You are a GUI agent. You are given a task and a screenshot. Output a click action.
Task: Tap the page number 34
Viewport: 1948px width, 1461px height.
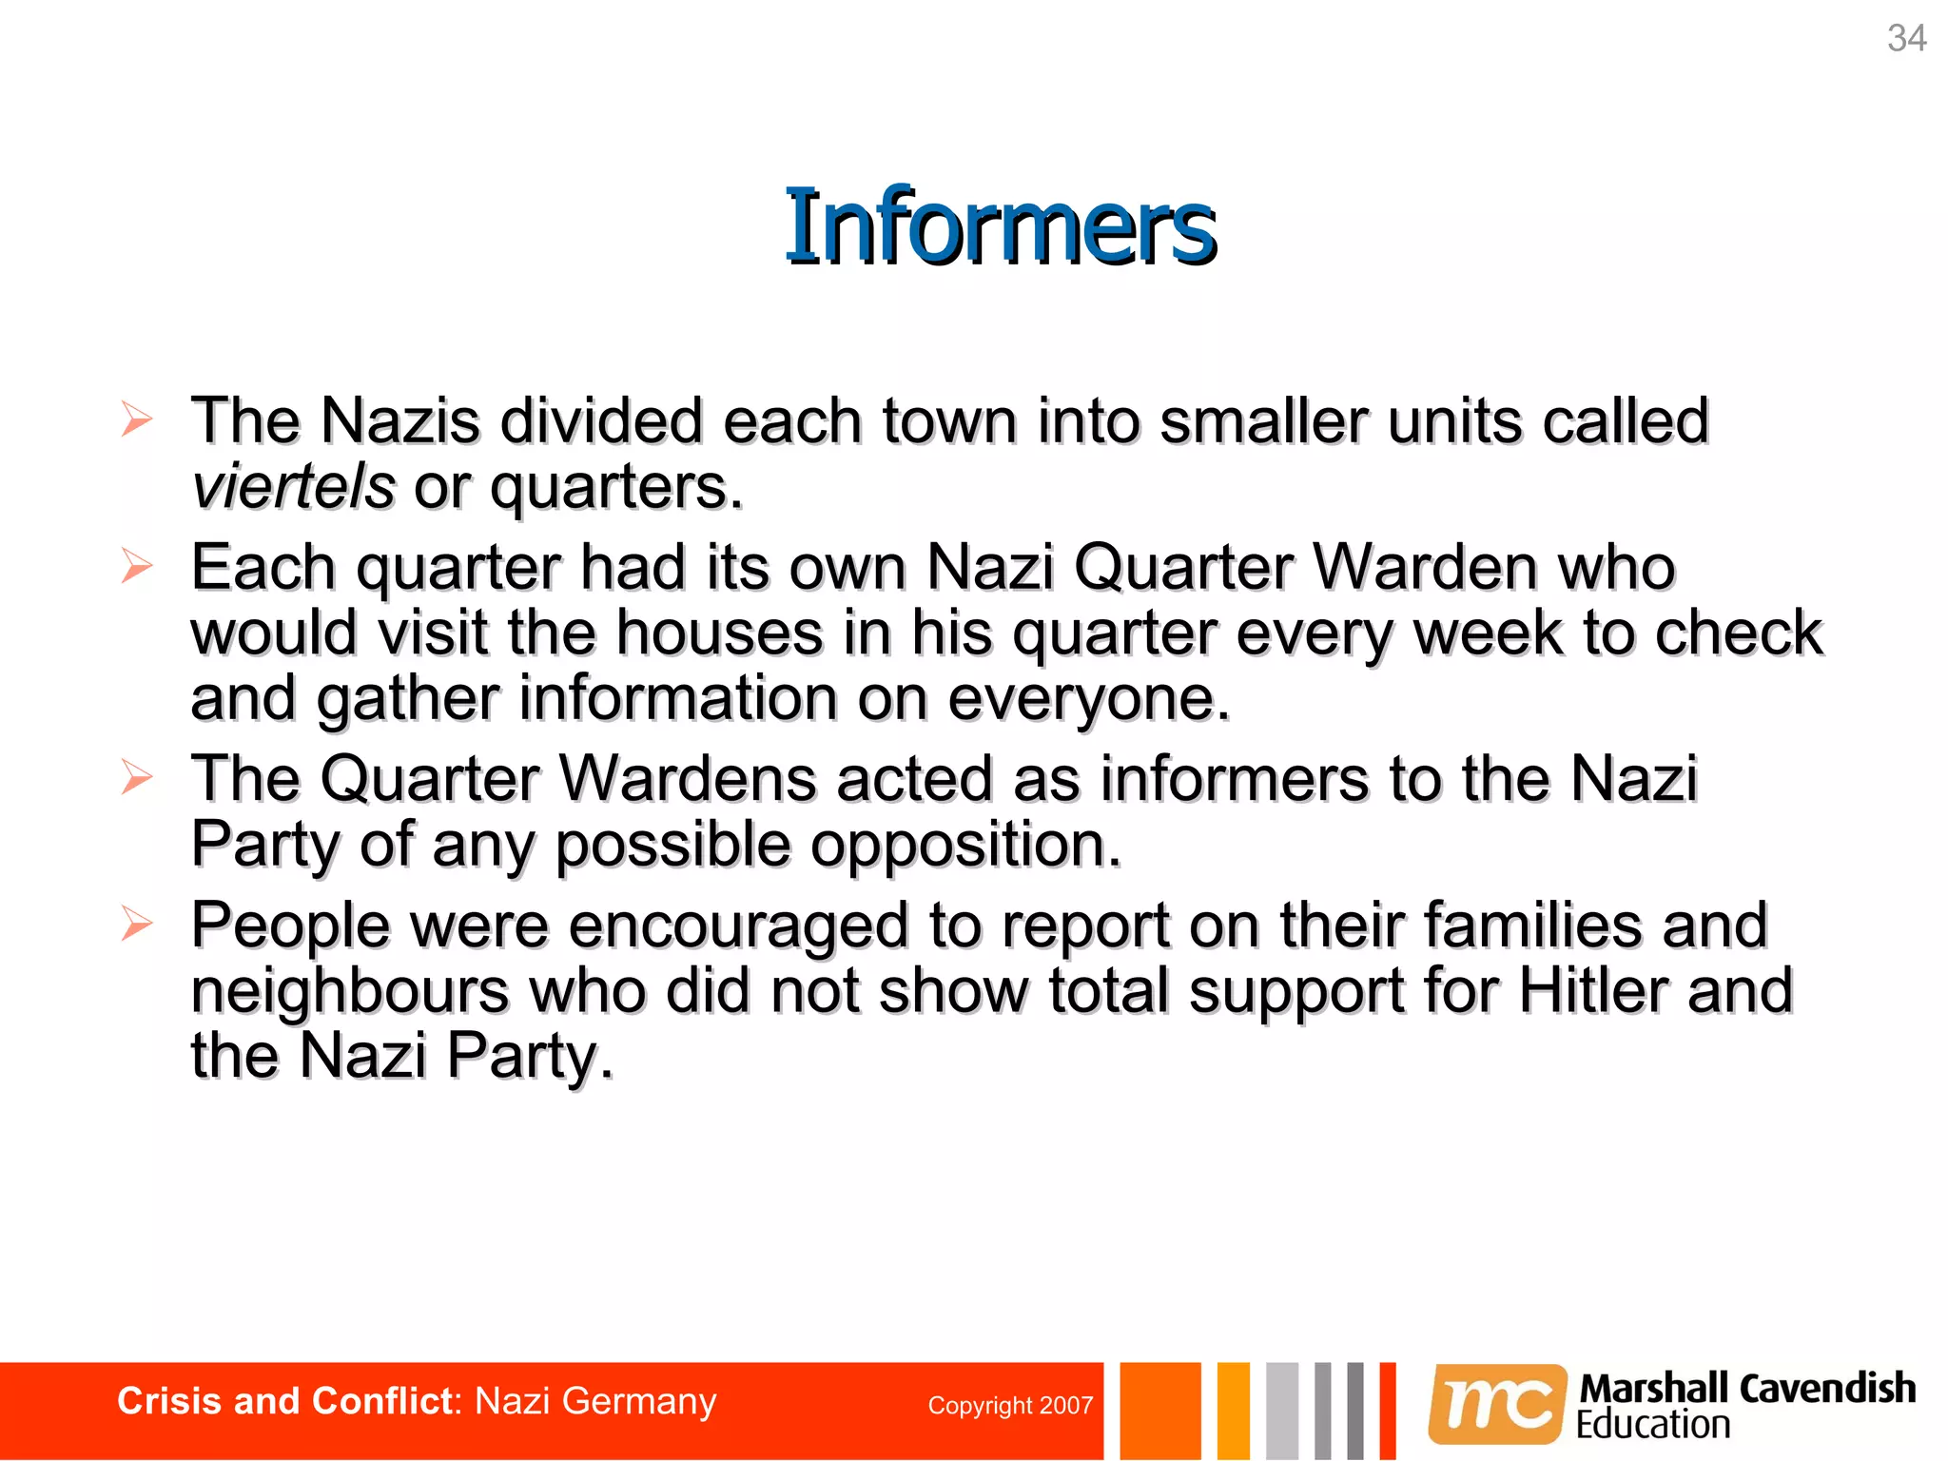click(x=1906, y=39)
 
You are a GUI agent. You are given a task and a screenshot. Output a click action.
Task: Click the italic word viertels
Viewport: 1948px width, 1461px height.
click(x=293, y=487)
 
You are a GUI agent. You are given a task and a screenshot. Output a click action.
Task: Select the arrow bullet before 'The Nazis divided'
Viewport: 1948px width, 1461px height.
click(x=137, y=419)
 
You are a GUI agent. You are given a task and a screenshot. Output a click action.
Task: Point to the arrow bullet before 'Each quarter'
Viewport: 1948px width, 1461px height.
click(x=137, y=567)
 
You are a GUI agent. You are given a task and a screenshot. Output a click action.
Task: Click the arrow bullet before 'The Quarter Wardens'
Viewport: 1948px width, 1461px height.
click(x=137, y=778)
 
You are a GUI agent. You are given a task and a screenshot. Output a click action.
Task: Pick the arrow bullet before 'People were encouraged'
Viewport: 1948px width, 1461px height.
click(x=137, y=924)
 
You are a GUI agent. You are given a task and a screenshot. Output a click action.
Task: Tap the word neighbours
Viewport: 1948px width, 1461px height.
click(x=350, y=990)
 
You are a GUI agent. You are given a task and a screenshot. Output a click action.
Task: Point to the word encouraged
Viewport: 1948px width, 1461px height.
click(x=738, y=925)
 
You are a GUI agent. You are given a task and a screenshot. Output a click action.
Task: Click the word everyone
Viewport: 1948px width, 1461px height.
click(x=1088, y=699)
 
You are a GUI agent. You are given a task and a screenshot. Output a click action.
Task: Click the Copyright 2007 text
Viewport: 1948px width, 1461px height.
click(x=1010, y=1406)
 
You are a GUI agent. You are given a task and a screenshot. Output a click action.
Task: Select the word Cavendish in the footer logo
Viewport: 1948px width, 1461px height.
click(x=1827, y=1389)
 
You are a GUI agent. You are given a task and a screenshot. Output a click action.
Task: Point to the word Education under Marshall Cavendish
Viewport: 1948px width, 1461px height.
click(x=1653, y=1425)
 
